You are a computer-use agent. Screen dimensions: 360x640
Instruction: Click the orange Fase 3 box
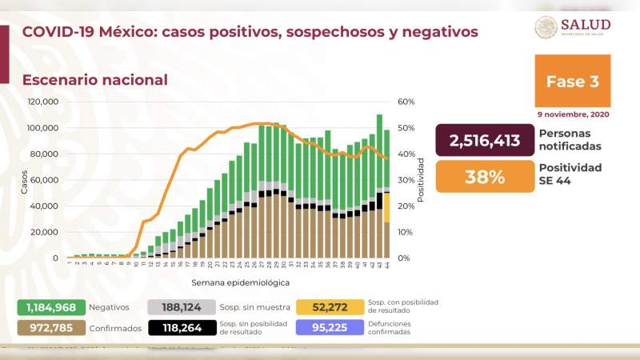coord(572,81)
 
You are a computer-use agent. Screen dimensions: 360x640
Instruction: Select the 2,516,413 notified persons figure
coord(486,140)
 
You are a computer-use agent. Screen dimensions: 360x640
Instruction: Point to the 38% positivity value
coord(486,177)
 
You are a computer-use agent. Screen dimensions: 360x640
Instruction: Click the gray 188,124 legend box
coord(182,307)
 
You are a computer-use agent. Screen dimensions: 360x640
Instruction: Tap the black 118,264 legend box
coord(182,327)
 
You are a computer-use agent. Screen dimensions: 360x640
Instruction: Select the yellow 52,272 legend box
coord(329,307)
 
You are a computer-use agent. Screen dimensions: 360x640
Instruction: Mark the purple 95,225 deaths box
coord(329,327)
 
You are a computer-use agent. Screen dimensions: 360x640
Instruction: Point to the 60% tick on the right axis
coord(405,102)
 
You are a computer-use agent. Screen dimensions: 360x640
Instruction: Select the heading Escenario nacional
coord(95,80)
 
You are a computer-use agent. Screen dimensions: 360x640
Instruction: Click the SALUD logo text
coord(586,24)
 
